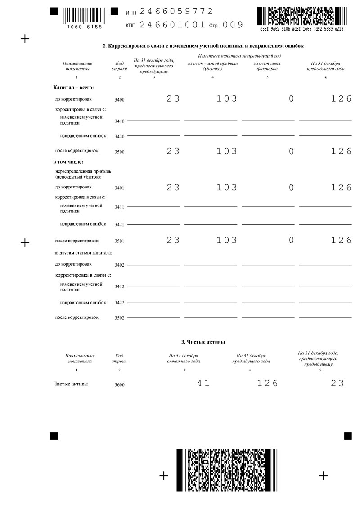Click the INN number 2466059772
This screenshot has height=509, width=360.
[176, 11]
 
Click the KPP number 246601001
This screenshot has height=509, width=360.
[172, 25]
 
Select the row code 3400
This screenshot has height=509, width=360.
[119, 100]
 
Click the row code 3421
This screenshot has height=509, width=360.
[119, 224]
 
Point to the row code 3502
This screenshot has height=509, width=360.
[119, 318]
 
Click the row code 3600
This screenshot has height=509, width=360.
[119, 385]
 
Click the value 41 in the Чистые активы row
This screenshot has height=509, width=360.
[203, 384]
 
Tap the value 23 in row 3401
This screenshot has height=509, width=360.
[173, 187]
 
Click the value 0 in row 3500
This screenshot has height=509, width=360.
[291, 151]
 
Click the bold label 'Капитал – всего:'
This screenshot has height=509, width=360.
[73, 88]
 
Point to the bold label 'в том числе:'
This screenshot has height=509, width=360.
[68, 162]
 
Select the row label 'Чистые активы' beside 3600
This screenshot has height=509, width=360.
[70, 384]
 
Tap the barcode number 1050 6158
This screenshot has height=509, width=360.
[85, 27]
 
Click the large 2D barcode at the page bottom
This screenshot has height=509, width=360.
[226, 476]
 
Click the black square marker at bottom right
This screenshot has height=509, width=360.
[348, 435]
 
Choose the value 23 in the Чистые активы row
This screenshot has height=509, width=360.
[337, 384]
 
